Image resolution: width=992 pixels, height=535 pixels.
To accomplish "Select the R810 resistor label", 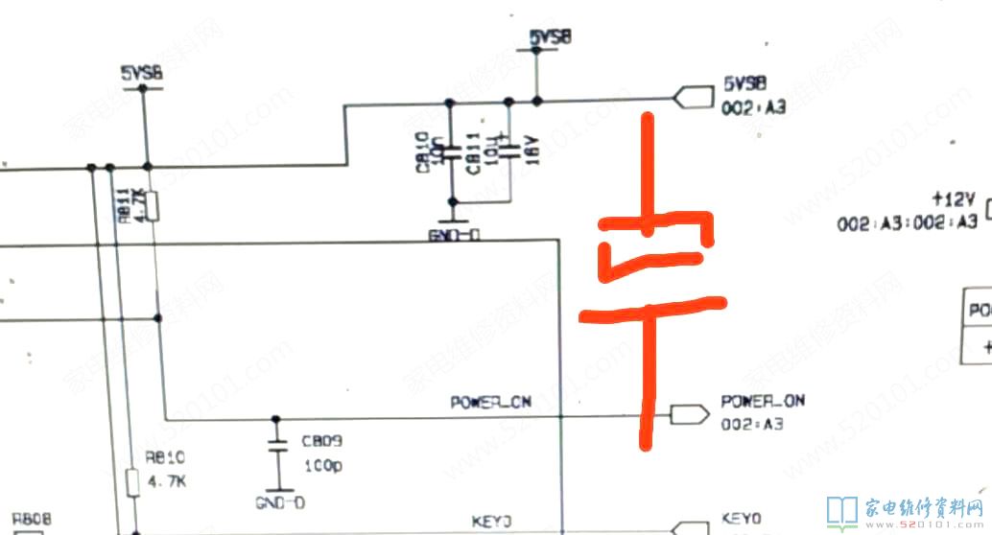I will point(159,457).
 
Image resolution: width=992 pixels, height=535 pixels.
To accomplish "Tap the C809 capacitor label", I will point(321,442).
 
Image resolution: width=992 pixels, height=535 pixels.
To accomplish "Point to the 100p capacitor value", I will point(321,465).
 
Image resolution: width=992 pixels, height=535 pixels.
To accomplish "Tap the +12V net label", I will point(954,200).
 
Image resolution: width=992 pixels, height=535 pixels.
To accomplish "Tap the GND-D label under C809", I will point(280,502).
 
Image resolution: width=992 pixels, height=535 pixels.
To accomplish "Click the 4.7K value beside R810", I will point(166,480).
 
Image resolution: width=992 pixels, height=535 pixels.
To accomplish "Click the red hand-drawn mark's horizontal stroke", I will point(651,310).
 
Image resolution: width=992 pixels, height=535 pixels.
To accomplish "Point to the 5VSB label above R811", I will point(141,73).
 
